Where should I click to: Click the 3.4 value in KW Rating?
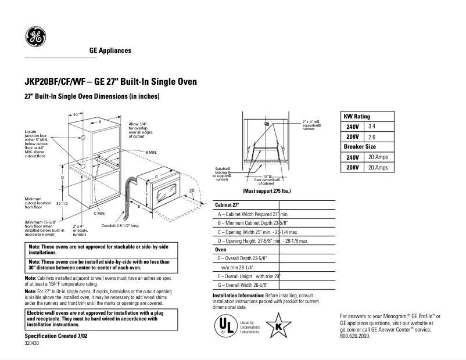click(372, 126)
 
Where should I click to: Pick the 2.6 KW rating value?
click(372, 136)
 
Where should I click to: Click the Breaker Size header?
click(360, 146)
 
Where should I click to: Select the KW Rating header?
click(357, 116)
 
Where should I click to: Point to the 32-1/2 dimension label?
click(63, 204)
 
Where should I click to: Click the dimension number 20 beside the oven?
click(191, 190)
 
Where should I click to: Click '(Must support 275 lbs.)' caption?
click(267, 191)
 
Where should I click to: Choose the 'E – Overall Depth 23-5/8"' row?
click(242, 257)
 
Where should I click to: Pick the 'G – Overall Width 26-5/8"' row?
click(243, 285)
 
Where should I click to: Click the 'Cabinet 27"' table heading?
click(228, 206)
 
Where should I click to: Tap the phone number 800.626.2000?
click(355, 336)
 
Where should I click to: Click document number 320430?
click(33, 344)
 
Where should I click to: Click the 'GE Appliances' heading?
click(110, 51)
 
